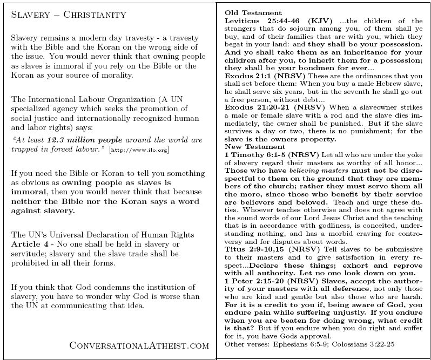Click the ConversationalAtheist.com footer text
[139, 344]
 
